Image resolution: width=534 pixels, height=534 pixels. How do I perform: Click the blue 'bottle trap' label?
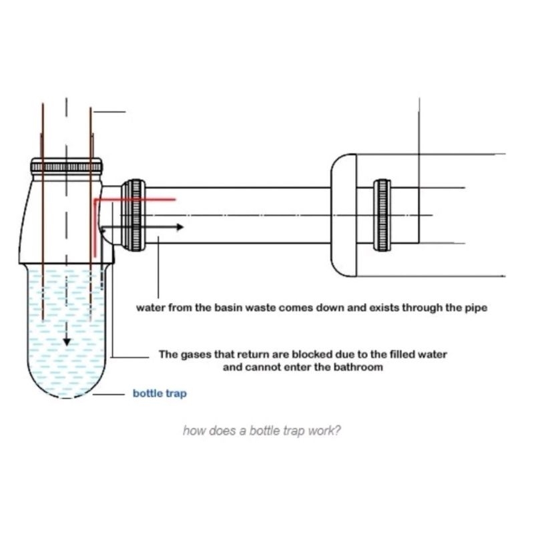click(x=160, y=394)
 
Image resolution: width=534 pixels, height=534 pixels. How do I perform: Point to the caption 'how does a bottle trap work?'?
click(x=262, y=431)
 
